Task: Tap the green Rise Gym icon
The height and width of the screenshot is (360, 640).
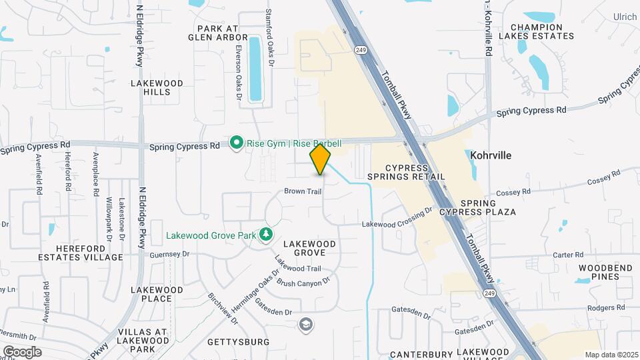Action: pos(236,143)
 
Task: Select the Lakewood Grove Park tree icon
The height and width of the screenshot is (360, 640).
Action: pos(266,234)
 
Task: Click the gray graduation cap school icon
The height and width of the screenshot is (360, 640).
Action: pos(307,324)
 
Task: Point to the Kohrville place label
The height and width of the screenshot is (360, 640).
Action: pos(491,155)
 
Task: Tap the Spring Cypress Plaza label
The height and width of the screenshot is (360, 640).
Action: pos(487,207)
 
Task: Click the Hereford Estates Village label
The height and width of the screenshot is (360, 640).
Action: pos(81,252)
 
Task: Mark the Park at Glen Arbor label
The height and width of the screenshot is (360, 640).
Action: pos(217,33)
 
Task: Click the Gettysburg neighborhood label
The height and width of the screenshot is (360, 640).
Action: pos(239,342)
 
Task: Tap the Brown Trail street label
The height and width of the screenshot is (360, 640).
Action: pos(303,191)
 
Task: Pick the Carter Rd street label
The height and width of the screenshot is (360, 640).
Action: pos(568,255)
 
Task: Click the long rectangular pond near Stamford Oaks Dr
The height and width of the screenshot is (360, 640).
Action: pos(255,69)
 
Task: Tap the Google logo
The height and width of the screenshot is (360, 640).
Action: pos(22,351)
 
